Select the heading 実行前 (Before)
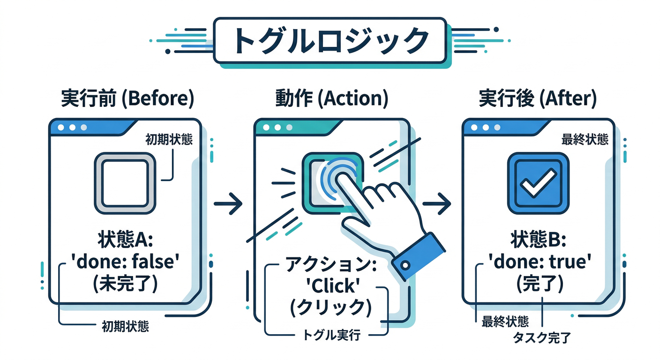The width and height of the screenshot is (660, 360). click(x=127, y=99)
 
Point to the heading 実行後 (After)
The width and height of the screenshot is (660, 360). click(x=537, y=99)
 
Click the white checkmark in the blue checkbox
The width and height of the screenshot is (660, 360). click(x=538, y=183)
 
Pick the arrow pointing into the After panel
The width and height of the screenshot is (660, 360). click(x=436, y=203)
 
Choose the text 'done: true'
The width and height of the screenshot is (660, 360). click(x=538, y=262)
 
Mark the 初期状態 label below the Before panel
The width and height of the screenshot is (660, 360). click(x=125, y=326)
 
